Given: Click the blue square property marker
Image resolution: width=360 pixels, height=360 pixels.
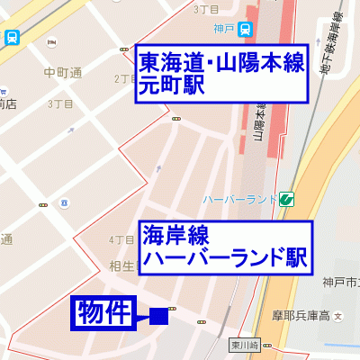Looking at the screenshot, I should [159, 316].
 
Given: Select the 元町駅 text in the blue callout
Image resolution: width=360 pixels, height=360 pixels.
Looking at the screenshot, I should [171, 85].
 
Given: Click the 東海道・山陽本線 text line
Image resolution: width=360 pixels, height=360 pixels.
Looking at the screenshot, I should [220, 63].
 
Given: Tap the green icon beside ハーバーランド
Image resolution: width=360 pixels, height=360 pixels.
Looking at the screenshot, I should [286, 198].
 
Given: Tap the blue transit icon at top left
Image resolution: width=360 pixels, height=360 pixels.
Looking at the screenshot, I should [12, 38].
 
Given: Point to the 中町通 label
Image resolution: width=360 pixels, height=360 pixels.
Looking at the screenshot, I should [62, 73].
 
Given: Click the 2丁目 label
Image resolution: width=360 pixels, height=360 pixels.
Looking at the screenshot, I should [124, 79].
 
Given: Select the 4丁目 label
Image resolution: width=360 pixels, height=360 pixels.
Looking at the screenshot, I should [120, 240].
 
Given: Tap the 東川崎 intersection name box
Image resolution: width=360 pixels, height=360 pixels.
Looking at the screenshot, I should [243, 345].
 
